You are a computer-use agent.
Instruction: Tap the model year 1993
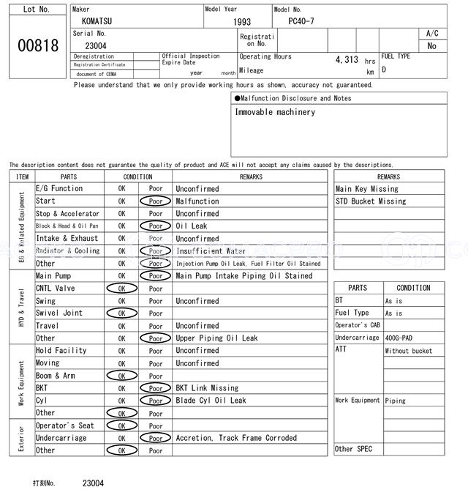242,23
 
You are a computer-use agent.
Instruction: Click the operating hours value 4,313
346,60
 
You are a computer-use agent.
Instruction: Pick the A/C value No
431,45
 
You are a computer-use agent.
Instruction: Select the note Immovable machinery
275,112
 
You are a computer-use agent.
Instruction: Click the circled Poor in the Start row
155,201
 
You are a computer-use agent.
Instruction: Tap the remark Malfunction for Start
197,201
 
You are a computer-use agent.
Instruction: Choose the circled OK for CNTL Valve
121,289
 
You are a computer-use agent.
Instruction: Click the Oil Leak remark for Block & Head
192,226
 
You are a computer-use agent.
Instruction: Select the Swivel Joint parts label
59,313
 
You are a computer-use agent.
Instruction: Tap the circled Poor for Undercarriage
155,438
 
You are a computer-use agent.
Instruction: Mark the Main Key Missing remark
366,189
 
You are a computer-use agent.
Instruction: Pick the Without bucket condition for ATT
408,351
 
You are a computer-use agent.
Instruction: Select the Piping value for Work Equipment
396,401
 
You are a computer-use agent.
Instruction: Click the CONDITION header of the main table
137,176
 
